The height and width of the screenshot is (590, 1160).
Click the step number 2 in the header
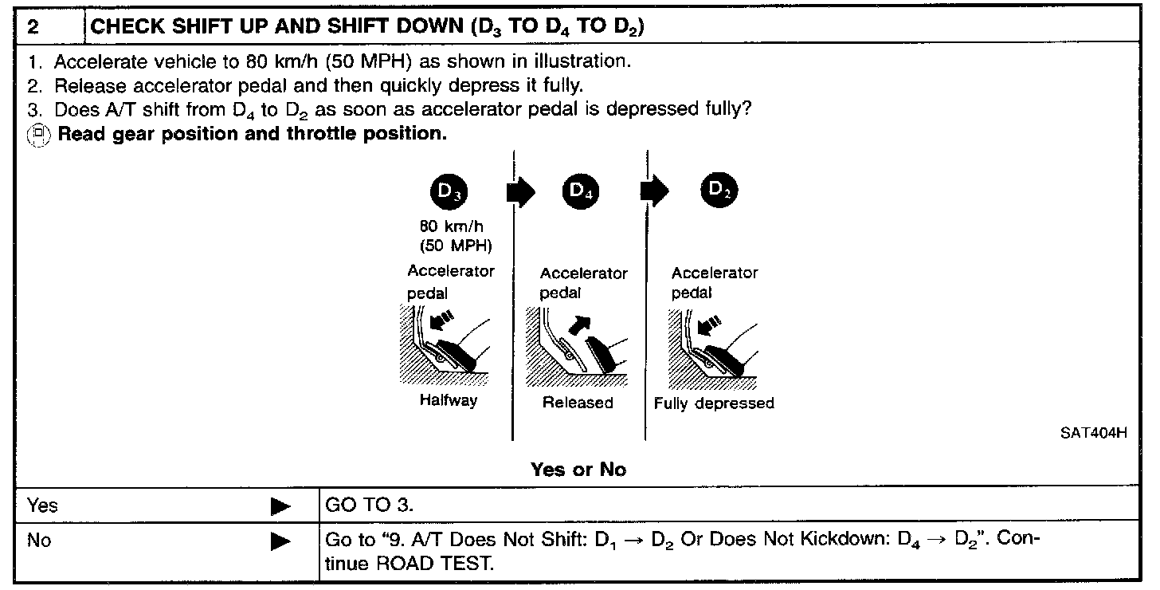(x=33, y=26)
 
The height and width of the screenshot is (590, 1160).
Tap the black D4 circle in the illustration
(x=580, y=191)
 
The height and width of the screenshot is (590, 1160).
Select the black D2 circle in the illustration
(x=719, y=191)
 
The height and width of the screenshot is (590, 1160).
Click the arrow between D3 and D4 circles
(x=522, y=192)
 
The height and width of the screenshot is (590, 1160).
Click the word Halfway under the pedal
(x=449, y=401)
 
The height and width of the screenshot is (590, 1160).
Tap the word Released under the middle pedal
(x=578, y=403)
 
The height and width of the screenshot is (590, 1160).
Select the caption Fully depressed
(x=714, y=403)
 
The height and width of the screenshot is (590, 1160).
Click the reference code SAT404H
(x=1093, y=435)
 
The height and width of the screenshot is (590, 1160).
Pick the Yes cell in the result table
(x=43, y=505)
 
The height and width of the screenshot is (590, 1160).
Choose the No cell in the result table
(x=39, y=541)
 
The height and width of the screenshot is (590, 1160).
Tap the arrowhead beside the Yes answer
(x=280, y=506)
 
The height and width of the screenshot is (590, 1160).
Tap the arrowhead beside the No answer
(x=280, y=542)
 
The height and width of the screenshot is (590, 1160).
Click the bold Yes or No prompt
(x=578, y=470)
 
